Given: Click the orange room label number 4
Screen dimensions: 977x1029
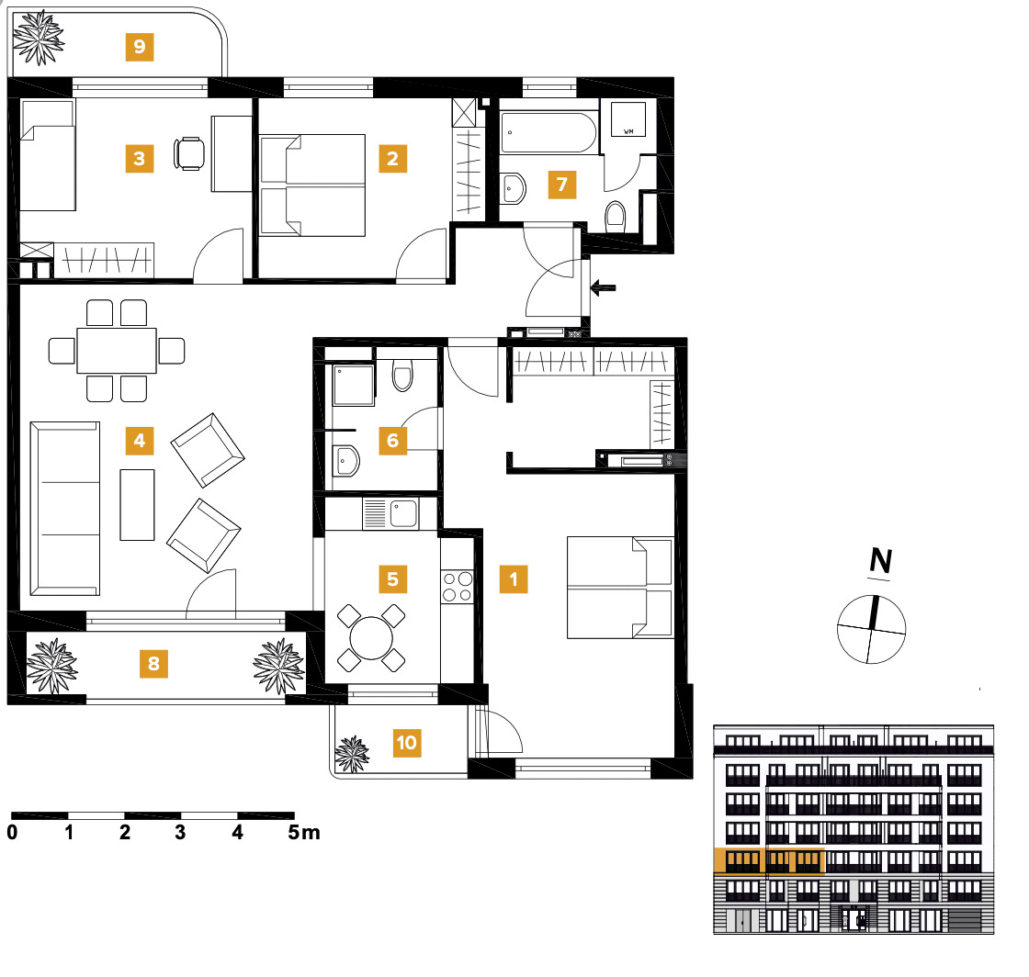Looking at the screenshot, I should pyautogui.click(x=139, y=441).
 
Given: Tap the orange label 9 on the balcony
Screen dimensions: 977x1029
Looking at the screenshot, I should pyautogui.click(x=139, y=46).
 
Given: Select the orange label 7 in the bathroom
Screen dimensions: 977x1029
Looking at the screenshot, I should pyautogui.click(x=561, y=185).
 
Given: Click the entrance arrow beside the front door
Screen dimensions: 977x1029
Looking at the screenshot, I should pyautogui.click(x=603, y=288).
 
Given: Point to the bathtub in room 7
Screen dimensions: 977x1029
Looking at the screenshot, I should pyautogui.click(x=548, y=134).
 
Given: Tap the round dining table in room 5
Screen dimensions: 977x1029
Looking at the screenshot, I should pyautogui.click(x=369, y=637).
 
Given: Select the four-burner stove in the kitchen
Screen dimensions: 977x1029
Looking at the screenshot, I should pyautogui.click(x=457, y=588).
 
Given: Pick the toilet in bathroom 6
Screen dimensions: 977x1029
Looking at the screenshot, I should pyautogui.click(x=403, y=375).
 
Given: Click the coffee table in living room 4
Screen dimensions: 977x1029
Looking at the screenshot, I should pyautogui.click(x=138, y=504).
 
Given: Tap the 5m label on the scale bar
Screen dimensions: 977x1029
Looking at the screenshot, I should pyautogui.click(x=304, y=834).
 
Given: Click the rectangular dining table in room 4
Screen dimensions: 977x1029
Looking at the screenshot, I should pyautogui.click(x=117, y=350).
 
